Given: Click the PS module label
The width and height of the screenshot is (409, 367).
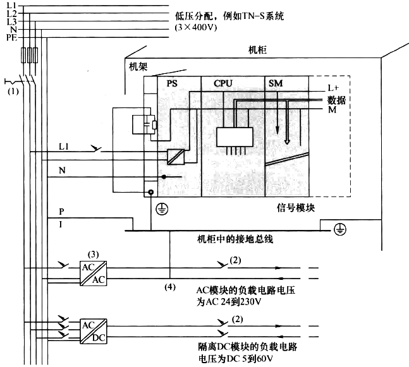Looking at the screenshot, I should coord(173,83).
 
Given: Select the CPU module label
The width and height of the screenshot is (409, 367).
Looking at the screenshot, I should coord(224,83).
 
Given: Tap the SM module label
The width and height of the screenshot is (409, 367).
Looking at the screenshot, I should coord(276,83).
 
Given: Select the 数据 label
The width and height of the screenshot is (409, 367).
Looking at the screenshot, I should coord(336,99).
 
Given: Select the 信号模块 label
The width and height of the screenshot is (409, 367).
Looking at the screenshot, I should coord(295,207).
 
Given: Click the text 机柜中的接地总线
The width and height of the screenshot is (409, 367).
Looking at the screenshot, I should coord(237,239).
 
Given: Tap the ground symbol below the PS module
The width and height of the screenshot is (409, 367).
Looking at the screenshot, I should coord(162,207).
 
